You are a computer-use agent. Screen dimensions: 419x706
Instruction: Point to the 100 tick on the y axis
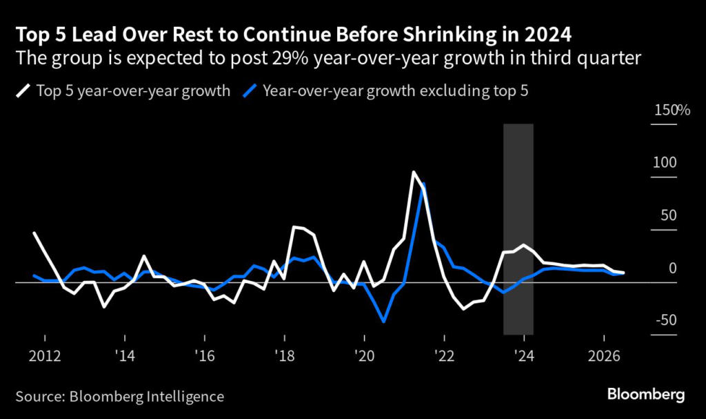pyautogui.click(x=667, y=163)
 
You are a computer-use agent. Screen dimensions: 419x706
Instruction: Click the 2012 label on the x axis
pyautogui.click(x=45, y=358)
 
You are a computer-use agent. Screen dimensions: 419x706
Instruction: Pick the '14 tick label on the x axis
pyautogui.click(x=125, y=358)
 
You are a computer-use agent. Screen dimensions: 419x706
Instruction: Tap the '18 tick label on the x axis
pyautogui.click(x=285, y=358)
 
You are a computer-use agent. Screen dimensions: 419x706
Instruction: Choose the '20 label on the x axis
pyautogui.click(x=365, y=358)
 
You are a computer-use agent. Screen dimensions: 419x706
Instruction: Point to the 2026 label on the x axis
pyautogui.click(x=604, y=358)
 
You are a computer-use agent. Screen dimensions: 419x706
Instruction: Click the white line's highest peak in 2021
pyautogui.click(x=413, y=172)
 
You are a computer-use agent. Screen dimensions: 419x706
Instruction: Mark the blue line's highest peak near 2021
pyautogui.click(x=423, y=184)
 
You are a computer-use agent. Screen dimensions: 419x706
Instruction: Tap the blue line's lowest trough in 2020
pyautogui.click(x=383, y=321)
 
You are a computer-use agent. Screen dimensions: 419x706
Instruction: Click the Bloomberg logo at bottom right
pyautogui.click(x=646, y=395)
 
